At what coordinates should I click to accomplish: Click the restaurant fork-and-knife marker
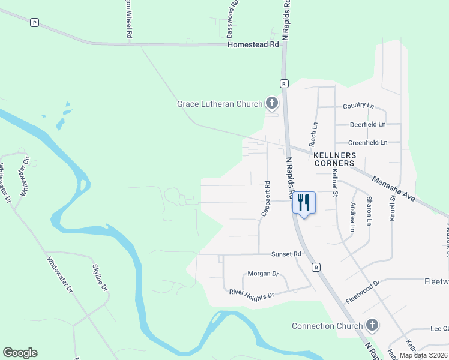tap(304, 202)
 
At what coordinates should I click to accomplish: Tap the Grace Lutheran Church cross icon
tap(271, 104)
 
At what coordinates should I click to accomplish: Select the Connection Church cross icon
tap(372, 326)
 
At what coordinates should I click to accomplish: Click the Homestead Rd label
tap(253, 44)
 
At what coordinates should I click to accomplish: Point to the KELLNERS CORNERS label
tap(334, 159)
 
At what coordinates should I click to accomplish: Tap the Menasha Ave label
tap(393, 188)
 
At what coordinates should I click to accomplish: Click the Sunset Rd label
tap(286, 254)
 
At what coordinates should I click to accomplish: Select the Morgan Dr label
tap(264, 274)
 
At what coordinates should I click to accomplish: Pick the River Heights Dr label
tap(252, 294)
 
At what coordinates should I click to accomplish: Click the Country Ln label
tap(358, 106)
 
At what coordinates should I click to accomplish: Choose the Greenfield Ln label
tap(368, 143)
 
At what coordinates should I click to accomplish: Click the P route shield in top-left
tap(34, 22)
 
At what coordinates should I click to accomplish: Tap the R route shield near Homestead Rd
tap(285, 83)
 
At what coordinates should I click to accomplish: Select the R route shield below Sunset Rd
tap(315, 268)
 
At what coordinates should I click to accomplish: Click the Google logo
tap(20, 353)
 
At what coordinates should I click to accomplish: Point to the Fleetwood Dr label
tap(363, 292)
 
